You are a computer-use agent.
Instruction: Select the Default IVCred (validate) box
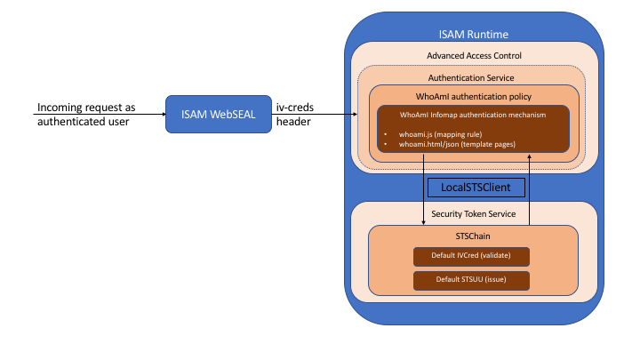(x=472, y=257)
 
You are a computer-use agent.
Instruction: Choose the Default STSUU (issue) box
(x=472, y=281)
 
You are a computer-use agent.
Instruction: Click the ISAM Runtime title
(x=474, y=35)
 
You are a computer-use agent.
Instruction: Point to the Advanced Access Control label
(x=474, y=57)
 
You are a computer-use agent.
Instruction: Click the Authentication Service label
(x=471, y=78)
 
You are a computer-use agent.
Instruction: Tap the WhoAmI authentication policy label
(x=474, y=96)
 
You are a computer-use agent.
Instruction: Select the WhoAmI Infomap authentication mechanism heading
(x=472, y=115)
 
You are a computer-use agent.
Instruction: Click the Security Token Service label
(x=474, y=214)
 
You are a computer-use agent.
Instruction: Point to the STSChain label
(x=473, y=236)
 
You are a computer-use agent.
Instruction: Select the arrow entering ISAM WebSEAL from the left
(x=133, y=115)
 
